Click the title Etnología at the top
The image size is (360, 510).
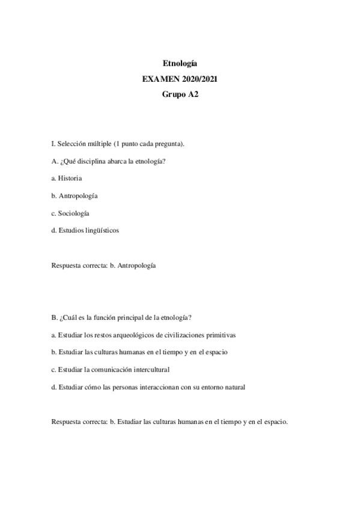coord(180,63)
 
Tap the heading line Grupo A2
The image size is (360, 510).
coord(180,94)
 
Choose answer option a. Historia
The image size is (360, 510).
coord(67,179)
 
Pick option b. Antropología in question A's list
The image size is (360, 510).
coord(75,195)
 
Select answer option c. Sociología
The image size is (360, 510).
coord(70,213)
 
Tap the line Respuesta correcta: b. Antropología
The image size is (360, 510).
coord(103,265)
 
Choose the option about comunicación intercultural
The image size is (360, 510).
coord(110,369)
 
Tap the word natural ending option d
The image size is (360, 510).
coord(233,387)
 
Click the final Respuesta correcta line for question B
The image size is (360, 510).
coord(169,422)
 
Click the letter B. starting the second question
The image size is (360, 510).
coord(55,318)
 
